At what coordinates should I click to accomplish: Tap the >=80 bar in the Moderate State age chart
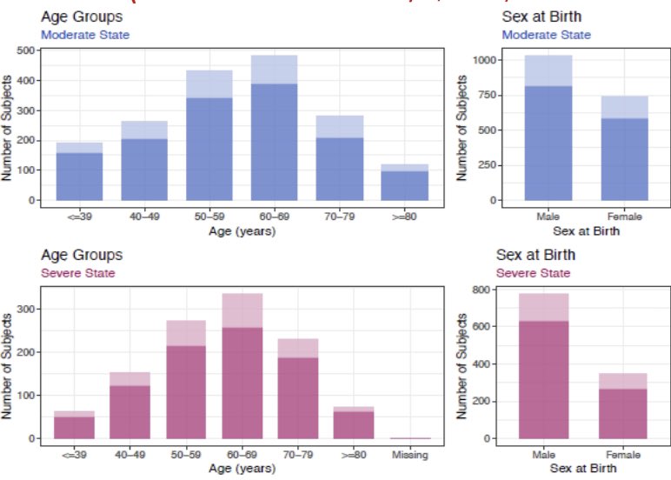coord(404,183)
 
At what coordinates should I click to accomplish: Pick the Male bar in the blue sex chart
coord(548,139)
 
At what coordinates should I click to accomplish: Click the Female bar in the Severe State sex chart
coord(623,409)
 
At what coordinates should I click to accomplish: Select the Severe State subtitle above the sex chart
coord(533,273)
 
